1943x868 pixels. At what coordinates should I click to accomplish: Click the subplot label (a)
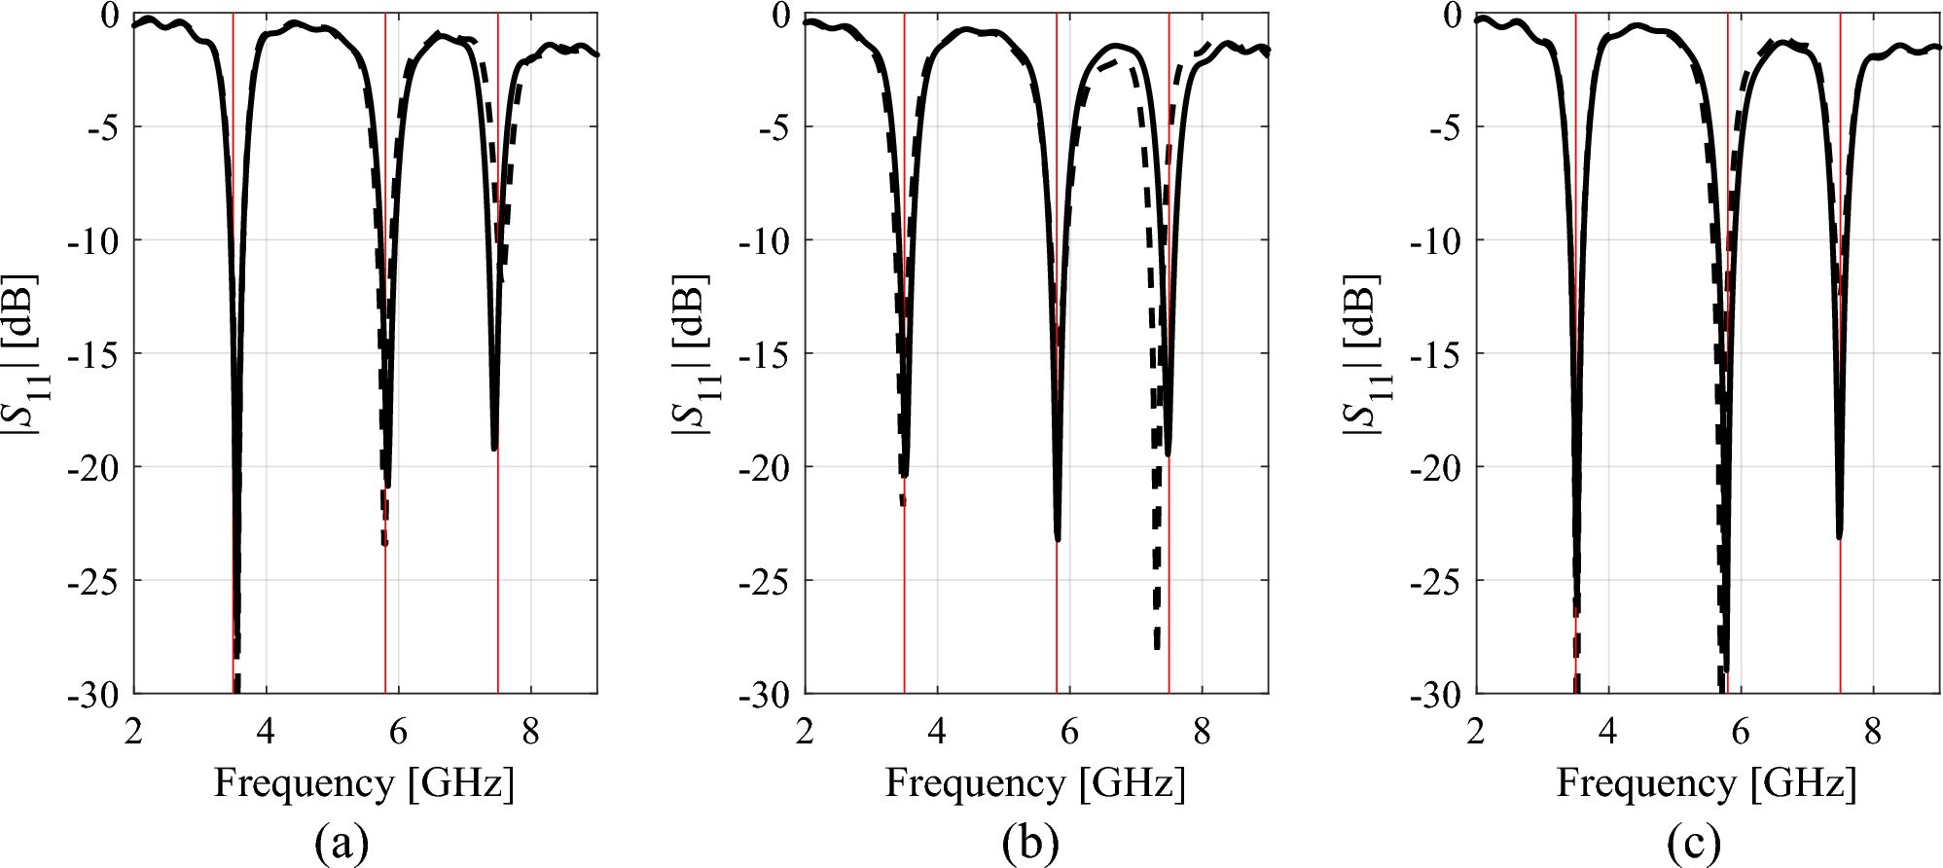(342, 843)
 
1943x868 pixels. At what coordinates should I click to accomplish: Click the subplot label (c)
(1694, 843)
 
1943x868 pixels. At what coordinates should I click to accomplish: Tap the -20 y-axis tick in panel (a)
(92, 468)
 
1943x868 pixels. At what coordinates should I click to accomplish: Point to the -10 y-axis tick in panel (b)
(764, 240)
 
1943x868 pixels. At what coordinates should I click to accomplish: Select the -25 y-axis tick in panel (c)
(1435, 582)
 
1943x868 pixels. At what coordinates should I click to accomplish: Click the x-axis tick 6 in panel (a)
(398, 732)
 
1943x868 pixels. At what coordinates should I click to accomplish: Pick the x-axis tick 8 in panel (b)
(1202, 732)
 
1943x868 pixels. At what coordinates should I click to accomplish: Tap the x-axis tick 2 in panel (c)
(1476, 732)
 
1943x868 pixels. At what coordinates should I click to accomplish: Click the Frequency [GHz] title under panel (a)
(364, 783)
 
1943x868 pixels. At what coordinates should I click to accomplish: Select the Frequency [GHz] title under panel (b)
(1035, 783)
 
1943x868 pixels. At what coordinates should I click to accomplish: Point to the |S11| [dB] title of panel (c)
(1364, 353)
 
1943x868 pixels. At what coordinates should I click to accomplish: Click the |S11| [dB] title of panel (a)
(21, 353)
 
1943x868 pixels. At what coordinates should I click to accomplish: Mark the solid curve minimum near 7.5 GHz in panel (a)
(494, 449)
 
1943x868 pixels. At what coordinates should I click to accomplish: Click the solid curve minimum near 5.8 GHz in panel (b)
(1058, 539)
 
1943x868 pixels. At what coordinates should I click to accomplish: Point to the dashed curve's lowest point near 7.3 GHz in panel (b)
(1157, 646)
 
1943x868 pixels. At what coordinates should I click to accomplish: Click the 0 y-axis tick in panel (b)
(781, 16)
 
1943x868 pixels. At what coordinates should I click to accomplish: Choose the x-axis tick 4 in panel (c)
(1608, 732)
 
